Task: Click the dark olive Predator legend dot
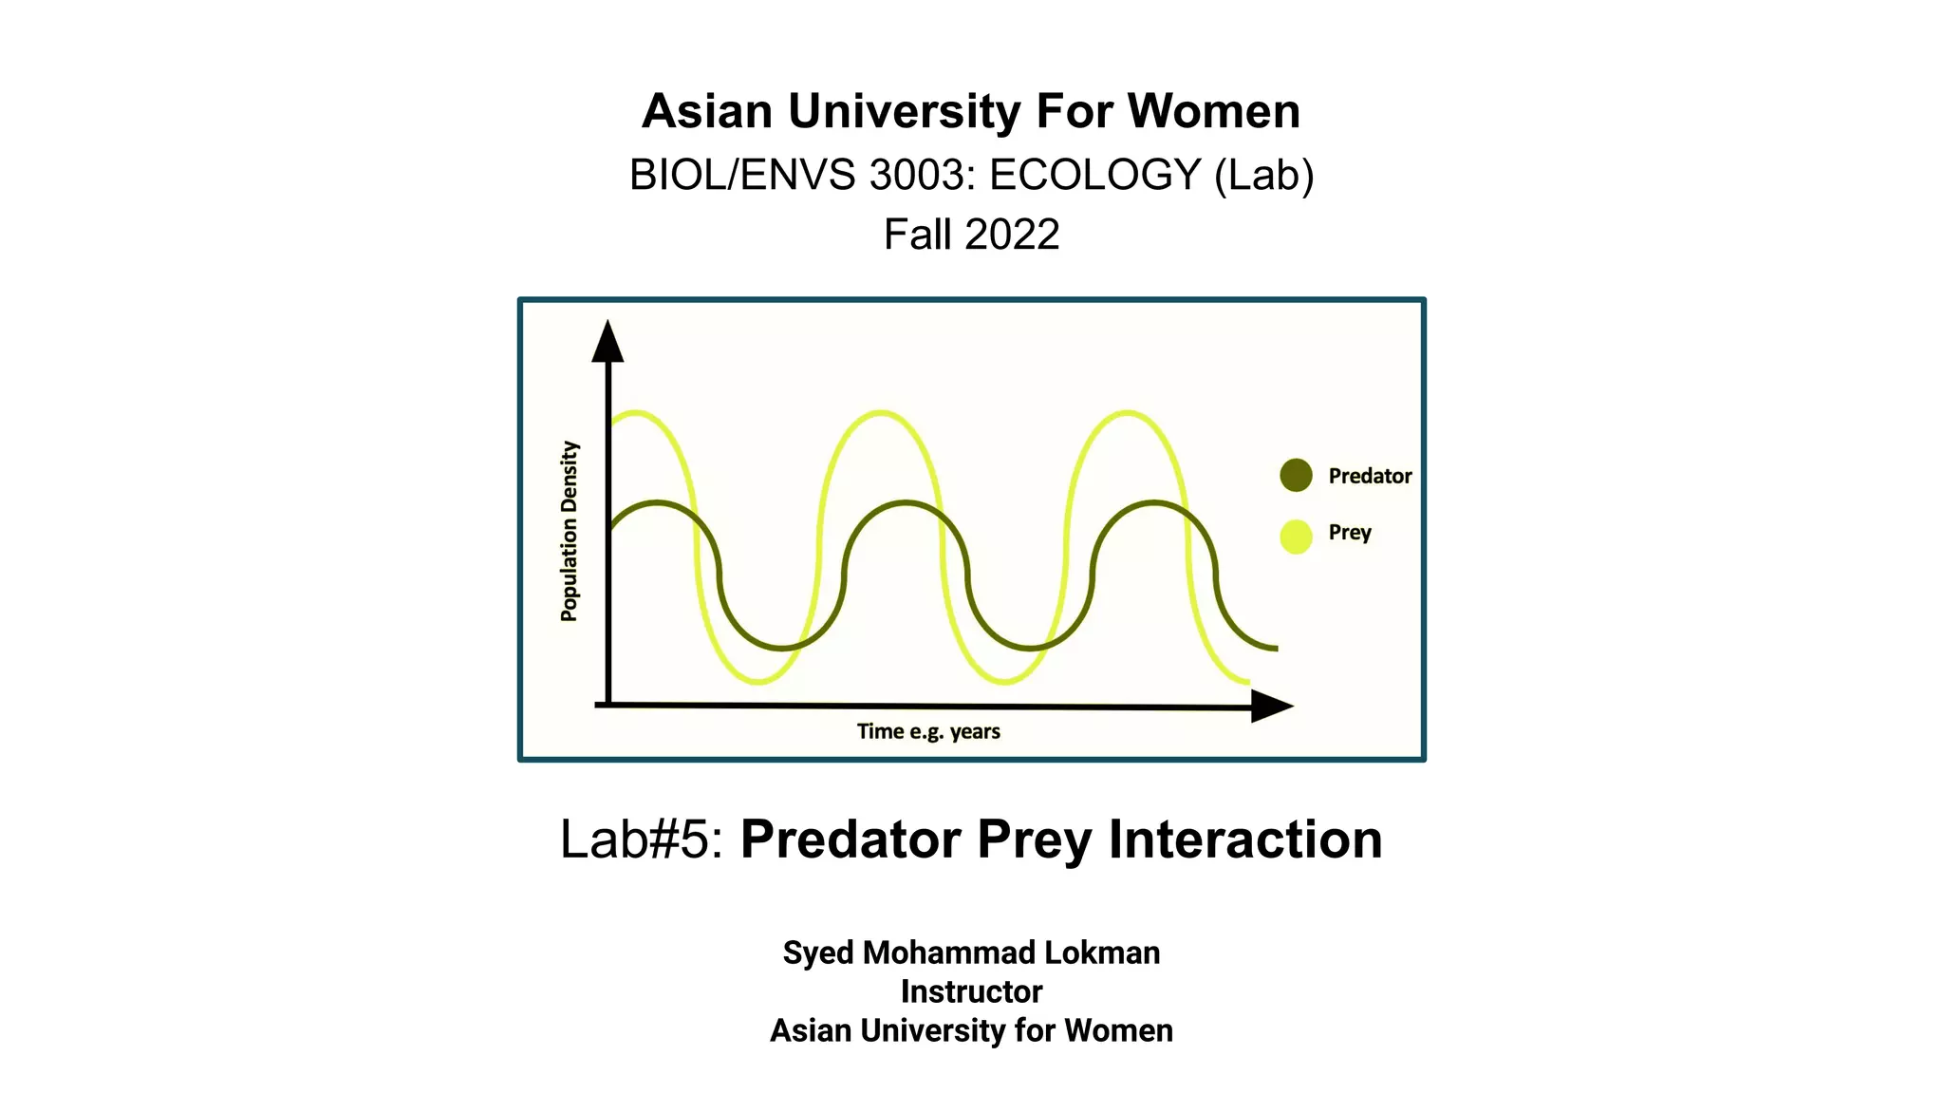click(x=1296, y=475)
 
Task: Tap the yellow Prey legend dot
click(x=1296, y=537)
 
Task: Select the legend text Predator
click(x=1370, y=476)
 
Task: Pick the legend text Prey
click(x=1350, y=533)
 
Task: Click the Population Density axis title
click(x=570, y=531)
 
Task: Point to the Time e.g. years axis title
click(x=928, y=731)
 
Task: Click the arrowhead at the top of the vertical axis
click(x=607, y=342)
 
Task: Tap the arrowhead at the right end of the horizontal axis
click(x=1271, y=706)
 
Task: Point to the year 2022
click(x=1012, y=235)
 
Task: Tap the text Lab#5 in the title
click(x=642, y=839)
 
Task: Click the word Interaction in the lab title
click(x=1245, y=839)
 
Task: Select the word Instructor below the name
click(x=971, y=991)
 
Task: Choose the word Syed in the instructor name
click(x=818, y=953)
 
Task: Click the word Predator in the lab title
click(x=850, y=839)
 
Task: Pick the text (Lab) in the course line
click(x=1264, y=175)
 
